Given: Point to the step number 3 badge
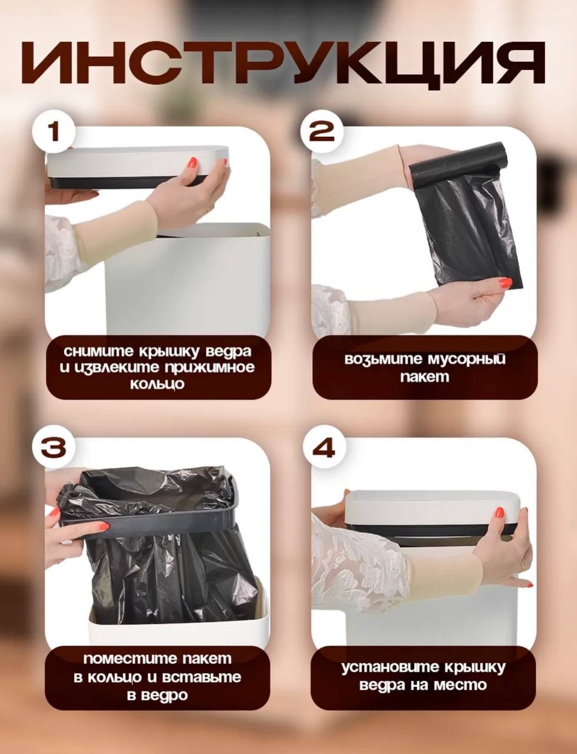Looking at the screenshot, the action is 52,447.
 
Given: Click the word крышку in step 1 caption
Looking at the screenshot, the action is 172,352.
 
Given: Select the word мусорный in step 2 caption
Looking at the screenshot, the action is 466,360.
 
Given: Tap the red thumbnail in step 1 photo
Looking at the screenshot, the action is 193,163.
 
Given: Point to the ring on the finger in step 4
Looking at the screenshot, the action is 522,565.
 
